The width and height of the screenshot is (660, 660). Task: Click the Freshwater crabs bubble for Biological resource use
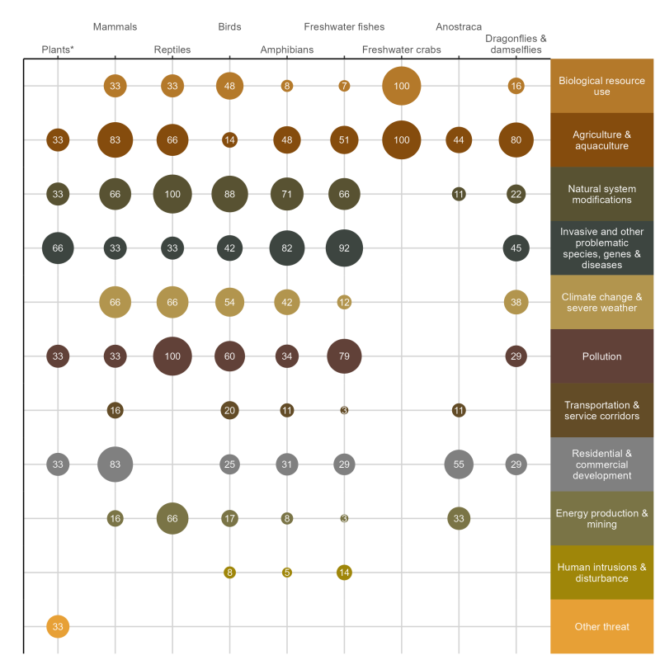coord(402,86)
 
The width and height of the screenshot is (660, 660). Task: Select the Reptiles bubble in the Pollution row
coord(172,356)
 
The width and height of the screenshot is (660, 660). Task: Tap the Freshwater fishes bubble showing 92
coord(344,248)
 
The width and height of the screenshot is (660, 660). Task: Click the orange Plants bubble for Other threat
coord(58,627)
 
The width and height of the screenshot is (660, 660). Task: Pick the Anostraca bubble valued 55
coord(459,464)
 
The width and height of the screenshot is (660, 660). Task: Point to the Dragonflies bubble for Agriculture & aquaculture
coord(516,140)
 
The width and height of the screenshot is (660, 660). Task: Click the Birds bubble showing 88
coord(229,195)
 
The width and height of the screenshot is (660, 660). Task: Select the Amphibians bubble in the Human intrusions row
coord(287,573)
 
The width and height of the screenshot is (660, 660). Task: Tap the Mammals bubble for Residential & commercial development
coord(115,464)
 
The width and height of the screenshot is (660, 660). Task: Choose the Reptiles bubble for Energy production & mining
coord(172,519)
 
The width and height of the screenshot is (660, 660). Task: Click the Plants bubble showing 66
coord(58,248)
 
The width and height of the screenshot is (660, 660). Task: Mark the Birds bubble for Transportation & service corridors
coord(229,411)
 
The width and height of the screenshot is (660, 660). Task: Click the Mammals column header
coord(115,27)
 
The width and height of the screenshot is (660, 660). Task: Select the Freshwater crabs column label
coord(402,49)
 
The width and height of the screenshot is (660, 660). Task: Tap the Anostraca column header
coord(459,27)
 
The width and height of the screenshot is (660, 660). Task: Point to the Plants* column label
coord(58,49)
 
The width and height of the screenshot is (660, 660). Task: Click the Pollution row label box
coord(601,356)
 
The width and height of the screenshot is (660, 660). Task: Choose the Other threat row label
coord(601,627)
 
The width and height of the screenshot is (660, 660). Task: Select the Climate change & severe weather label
coord(601,303)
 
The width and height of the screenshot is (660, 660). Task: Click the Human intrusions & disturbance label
coord(601,573)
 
